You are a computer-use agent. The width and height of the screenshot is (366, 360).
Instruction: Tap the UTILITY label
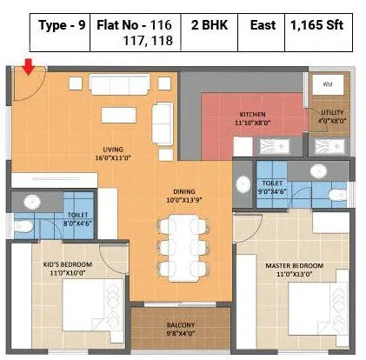click(x=333, y=114)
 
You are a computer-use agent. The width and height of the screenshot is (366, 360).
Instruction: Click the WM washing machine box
click(x=327, y=84)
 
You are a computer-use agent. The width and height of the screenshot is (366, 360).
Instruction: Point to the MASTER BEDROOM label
click(x=296, y=265)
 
